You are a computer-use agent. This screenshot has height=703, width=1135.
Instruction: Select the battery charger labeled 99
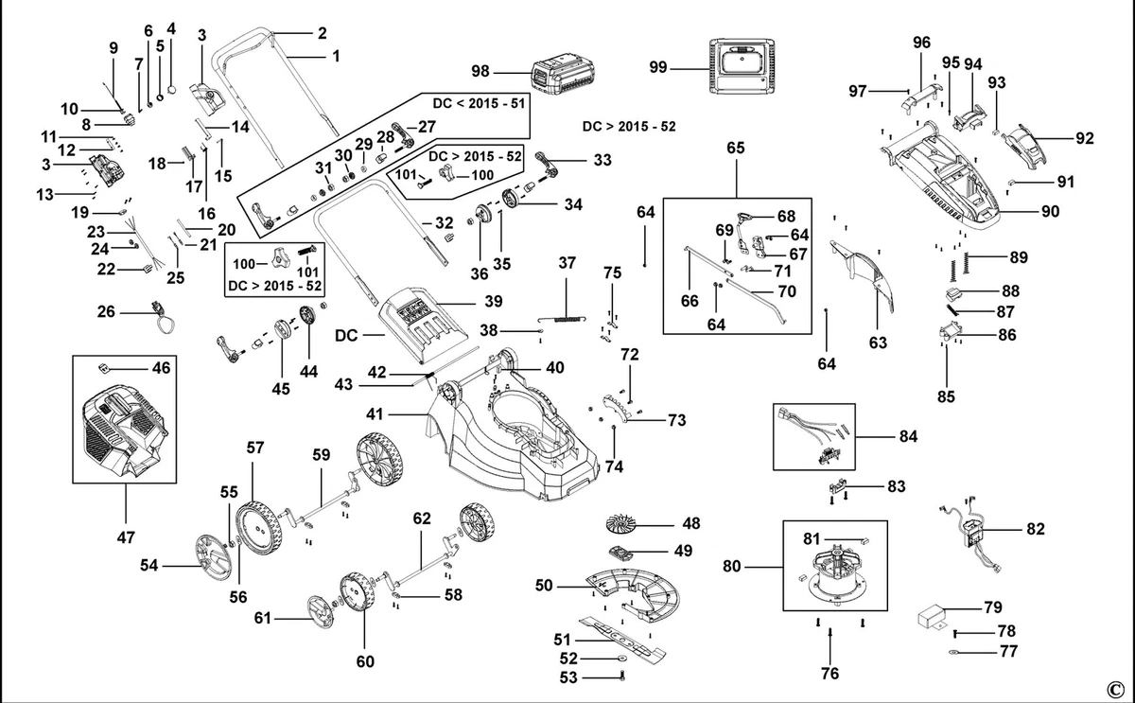tap(742, 66)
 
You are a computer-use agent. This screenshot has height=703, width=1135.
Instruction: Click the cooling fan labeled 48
tap(628, 524)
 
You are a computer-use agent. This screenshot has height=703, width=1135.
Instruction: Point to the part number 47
tap(126, 536)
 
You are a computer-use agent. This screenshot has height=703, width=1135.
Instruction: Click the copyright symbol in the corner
tap(1115, 690)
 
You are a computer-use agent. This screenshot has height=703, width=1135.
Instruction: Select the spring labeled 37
tap(562, 318)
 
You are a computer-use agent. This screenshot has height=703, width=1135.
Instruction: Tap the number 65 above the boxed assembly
tap(736, 148)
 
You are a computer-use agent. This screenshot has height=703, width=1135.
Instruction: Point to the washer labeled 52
tap(621, 659)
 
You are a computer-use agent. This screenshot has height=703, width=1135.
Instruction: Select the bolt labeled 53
tap(622, 676)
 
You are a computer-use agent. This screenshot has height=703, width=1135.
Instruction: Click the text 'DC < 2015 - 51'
tap(479, 103)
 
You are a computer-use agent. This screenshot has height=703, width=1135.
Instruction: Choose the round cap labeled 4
tap(172, 90)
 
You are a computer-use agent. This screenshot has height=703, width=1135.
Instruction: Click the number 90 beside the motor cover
tap(1051, 211)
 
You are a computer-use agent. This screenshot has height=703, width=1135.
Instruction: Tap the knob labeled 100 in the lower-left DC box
tap(280, 258)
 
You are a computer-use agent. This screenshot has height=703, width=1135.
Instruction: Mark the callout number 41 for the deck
tap(375, 414)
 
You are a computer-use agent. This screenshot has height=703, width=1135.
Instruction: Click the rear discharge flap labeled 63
tap(862, 275)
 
